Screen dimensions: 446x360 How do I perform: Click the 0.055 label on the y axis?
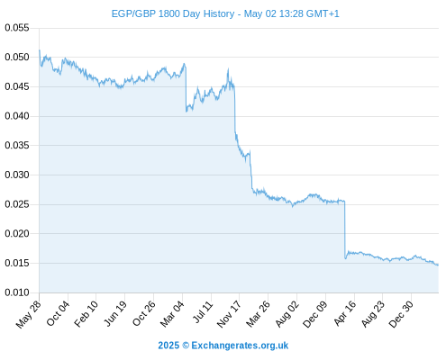click(17, 28)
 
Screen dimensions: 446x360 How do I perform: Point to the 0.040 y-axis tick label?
click(17, 116)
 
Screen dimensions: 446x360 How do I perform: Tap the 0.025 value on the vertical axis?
click(17, 204)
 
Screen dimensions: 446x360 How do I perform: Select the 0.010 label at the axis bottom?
click(17, 292)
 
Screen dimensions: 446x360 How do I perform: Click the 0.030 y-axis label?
click(17, 175)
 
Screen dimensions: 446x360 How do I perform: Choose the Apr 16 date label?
click(345, 313)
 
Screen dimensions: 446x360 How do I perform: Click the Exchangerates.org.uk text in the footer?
click(240, 346)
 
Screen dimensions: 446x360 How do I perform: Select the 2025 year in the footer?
click(168, 346)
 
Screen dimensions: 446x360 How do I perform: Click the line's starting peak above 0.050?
click(40, 50)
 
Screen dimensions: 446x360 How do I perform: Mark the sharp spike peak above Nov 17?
click(228, 68)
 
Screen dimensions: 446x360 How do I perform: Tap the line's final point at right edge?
click(438, 265)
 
